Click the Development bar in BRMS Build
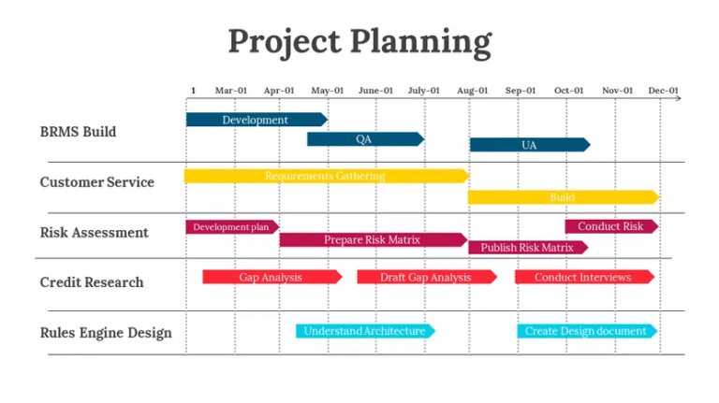[256, 120]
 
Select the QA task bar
[364, 139]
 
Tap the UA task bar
[529, 145]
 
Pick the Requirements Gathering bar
[325, 176]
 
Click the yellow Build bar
[562, 197]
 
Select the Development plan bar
[231, 227]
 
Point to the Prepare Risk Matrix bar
[372, 240]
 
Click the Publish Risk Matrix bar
[527, 248]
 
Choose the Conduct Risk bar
[610, 227]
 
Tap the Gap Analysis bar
[271, 278]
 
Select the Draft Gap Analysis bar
[425, 278]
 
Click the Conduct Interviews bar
[582, 278]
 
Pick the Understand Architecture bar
[364, 331]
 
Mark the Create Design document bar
[585, 331]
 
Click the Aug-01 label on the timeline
[472, 91]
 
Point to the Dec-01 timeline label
[663, 91]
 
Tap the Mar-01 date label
[231, 91]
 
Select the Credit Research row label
[92, 281]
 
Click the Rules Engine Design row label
[106, 332]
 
